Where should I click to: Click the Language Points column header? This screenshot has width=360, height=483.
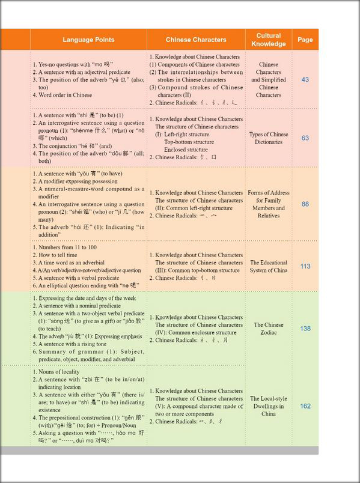88,40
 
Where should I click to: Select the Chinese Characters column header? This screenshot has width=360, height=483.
196,40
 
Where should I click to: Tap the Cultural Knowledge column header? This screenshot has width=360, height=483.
269,40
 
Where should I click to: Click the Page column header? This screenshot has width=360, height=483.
305,40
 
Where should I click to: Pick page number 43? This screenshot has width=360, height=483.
305,79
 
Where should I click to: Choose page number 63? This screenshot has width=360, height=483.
305,138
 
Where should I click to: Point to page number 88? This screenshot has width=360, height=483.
305,204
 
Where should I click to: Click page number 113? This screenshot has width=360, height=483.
305,266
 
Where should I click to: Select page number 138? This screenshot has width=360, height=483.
305,329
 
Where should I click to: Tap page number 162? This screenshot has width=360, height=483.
305,406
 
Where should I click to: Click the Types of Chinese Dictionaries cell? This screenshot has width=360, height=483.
269,138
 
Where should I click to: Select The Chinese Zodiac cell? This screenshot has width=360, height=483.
269,329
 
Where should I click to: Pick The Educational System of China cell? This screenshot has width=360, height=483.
269,266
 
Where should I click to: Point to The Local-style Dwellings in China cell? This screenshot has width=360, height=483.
269,406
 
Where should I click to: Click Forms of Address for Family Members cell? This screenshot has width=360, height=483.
269,204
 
